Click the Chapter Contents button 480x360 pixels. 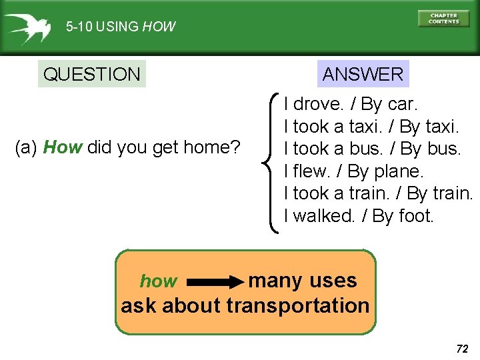click(x=443, y=18)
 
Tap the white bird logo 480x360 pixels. click(x=27, y=27)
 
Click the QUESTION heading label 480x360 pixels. click(x=91, y=74)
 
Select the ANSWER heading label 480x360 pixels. click(x=363, y=74)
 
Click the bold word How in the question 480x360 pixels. click(x=63, y=147)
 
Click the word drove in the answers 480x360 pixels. click(x=317, y=104)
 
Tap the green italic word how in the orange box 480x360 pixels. click(x=159, y=282)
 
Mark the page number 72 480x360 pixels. click(x=461, y=348)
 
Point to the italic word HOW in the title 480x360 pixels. click(x=159, y=27)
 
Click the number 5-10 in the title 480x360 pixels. click(x=79, y=27)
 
